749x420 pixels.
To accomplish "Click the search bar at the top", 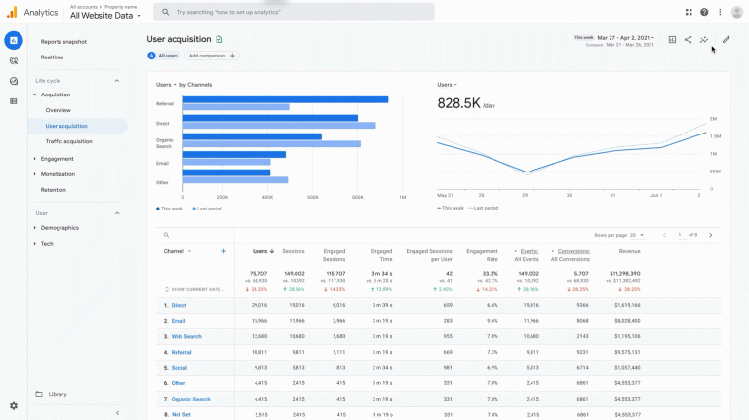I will coord(293,12).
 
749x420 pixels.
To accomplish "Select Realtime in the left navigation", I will coord(53,57).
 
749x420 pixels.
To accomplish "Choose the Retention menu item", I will coord(54,190).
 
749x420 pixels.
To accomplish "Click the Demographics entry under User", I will coord(59,228).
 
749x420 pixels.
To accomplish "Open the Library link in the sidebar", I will coord(58,394).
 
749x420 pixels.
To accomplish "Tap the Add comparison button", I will coord(211,56).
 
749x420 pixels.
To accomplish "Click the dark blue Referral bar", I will coord(286,99).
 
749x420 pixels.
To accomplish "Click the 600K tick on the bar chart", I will coord(313,197).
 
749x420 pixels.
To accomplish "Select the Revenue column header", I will coord(629,251).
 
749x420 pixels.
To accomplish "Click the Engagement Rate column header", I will coord(482,255).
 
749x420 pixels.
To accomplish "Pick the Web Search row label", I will coord(186,336).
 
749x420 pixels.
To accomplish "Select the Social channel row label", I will coord(179,368).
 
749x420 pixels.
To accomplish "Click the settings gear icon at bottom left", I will coord(14,405).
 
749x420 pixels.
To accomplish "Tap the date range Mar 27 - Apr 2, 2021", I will coord(626,37).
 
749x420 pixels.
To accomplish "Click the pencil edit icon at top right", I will coord(726,40).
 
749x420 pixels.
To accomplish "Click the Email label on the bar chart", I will coord(162,163).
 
